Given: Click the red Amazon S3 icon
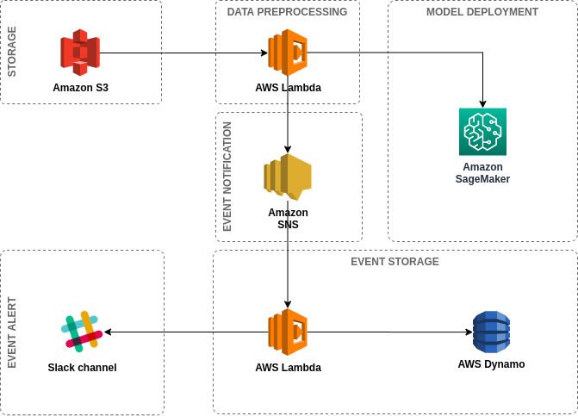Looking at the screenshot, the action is coord(80,53).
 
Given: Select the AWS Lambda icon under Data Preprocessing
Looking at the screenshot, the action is coord(288,53).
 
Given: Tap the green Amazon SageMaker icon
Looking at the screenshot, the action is coord(482,132).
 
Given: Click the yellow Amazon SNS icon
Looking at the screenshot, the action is coord(288,177).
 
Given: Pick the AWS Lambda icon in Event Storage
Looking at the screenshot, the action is coord(288,332).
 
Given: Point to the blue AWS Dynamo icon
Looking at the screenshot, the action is coord(491,332).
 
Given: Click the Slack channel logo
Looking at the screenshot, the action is coord(82,332).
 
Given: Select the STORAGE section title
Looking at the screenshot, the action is coord(12,52).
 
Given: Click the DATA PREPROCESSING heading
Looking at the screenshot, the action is coord(287,12).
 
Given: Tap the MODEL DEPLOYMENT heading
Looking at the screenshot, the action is coord(482,12).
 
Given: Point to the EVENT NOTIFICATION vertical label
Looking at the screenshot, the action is coord(227,177).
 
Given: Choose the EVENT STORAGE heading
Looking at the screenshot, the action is coord(395,262).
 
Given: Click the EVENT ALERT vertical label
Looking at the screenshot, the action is coord(12,332).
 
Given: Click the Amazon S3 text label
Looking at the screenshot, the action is coord(80,87).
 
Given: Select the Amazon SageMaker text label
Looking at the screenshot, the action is coord(482,173).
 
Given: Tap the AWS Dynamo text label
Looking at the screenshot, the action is coord(491,364).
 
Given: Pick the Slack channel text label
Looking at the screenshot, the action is coord(82,368).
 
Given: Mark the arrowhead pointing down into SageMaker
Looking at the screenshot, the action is coord(482,104).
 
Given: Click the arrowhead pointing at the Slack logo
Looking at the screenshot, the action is coord(108,332).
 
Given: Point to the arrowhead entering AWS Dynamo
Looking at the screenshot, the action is coord(469,332).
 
